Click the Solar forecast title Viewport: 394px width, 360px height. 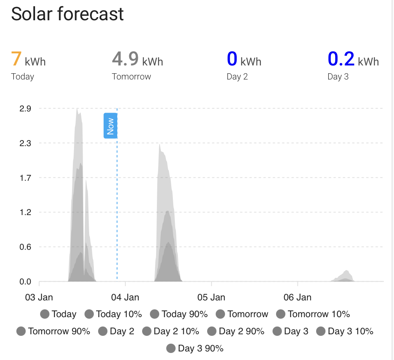[x=67, y=14]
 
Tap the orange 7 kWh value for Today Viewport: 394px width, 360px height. [x=28, y=59]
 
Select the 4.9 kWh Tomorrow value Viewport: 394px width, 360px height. [x=137, y=59]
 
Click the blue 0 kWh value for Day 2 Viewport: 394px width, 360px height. [x=244, y=59]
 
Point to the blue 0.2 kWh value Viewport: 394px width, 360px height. [x=353, y=59]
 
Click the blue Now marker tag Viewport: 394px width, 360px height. [x=110, y=126]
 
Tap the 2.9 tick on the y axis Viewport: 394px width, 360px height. [x=25, y=109]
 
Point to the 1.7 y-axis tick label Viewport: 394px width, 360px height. [x=25, y=178]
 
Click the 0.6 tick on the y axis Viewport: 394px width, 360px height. [x=25, y=247]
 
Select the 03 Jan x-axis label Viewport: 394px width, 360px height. [x=39, y=297]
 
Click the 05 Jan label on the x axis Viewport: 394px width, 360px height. [x=211, y=297]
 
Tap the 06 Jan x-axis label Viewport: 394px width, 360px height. [x=297, y=297]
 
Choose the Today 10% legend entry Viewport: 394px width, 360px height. [x=113, y=314]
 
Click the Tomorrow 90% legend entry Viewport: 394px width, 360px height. [x=53, y=331]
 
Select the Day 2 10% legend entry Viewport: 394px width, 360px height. [x=171, y=331]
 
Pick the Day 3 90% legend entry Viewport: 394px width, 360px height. [x=195, y=348]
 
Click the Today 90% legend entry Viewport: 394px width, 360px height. [x=179, y=314]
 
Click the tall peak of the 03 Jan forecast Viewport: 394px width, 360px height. [x=77, y=109]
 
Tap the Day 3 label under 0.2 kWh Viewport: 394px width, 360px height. [x=338, y=77]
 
